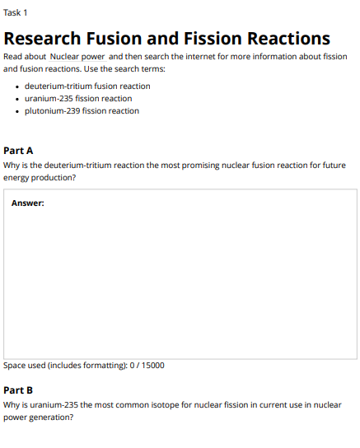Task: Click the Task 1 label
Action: click(x=16, y=13)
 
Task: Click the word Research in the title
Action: click(x=42, y=39)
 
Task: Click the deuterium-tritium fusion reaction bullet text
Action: click(x=87, y=86)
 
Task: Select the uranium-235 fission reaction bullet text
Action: click(x=78, y=98)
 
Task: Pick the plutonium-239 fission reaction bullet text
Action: click(x=82, y=110)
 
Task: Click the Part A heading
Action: click(x=18, y=151)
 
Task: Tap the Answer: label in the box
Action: click(x=27, y=203)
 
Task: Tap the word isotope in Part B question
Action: click(x=169, y=405)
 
